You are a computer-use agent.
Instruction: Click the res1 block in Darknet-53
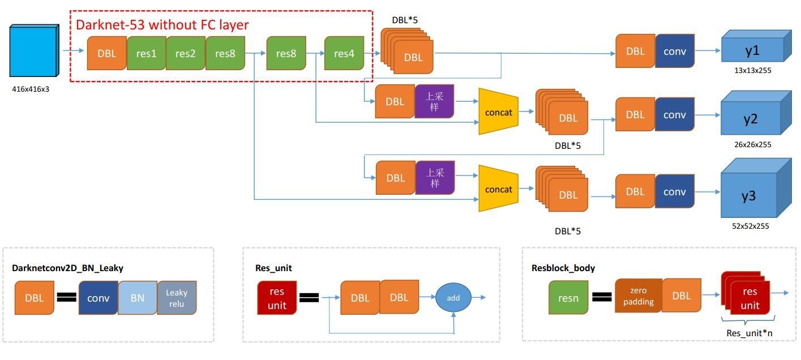(x=146, y=53)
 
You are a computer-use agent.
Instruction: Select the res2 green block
(x=185, y=53)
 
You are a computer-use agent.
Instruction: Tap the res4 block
(x=344, y=53)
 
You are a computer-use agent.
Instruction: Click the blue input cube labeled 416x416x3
(x=33, y=51)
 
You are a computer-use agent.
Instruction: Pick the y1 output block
(x=752, y=50)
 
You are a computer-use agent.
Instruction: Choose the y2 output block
(x=752, y=119)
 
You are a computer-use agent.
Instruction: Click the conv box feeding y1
(x=674, y=51)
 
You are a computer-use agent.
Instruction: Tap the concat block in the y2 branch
(x=499, y=112)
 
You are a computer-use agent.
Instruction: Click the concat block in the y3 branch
(x=499, y=189)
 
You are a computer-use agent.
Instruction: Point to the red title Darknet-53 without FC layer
(x=162, y=25)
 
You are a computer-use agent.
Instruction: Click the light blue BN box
(x=138, y=297)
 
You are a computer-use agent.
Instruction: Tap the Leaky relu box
(x=177, y=297)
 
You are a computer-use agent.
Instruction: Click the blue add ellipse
(x=453, y=297)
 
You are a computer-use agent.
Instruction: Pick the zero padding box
(x=638, y=296)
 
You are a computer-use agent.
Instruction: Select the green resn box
(x=568, y=297)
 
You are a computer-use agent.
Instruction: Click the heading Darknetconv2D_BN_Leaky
(x=67, y=268)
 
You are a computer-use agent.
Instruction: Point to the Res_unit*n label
(x=749, y=333)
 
